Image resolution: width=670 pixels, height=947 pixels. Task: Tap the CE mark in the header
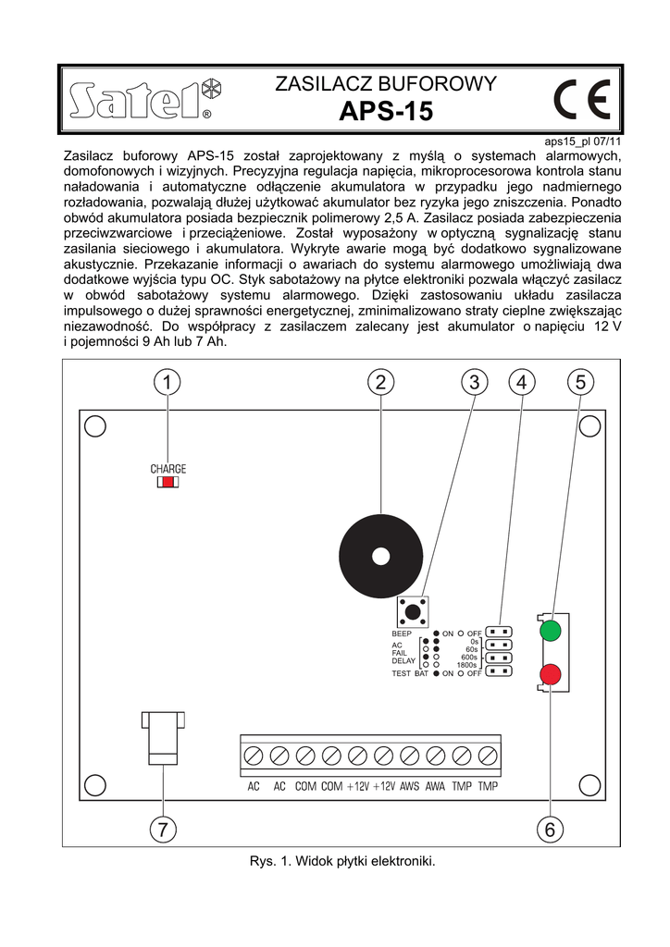click(x=581, y=99)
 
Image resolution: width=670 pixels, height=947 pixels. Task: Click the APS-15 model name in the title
click(x=386, y=112)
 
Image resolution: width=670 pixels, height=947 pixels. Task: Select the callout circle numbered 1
click(x=167, y=382)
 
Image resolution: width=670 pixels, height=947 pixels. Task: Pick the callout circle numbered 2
click(x=380, y=382)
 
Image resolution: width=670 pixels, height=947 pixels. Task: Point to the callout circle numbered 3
click(x=474, y=382)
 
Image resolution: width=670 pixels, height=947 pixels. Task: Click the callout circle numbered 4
click(x=521, y=382)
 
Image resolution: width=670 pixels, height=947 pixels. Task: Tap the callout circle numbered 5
click(x=580, y=382)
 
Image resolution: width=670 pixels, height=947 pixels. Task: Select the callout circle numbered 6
click(x=550, y=830)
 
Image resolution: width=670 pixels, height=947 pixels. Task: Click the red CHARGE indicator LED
click(x=167, y=482)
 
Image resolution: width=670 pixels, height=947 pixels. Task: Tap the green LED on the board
click(x=551, y=631)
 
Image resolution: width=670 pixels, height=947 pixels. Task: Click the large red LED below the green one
click(x=551, y=674)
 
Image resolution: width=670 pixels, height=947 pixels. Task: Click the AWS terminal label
click(x=409, y=787)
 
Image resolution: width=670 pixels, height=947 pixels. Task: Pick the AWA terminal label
click(x=435, y=787)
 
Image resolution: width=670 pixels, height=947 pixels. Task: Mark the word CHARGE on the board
click(x=168, y=469)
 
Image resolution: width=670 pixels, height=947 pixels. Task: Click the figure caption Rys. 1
click(x=341, y=861)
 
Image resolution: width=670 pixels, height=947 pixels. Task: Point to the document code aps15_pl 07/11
click(x=582, y=142)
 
